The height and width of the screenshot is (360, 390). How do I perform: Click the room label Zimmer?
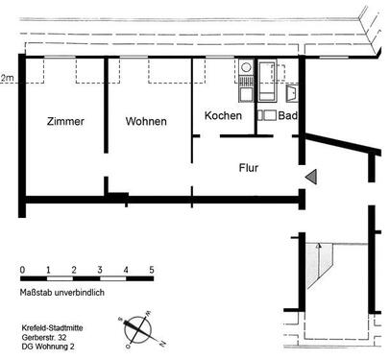(x=64, y=123)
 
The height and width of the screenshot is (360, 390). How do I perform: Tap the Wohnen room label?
(x=146, y=123)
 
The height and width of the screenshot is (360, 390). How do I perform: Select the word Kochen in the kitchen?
(x=223, y=116)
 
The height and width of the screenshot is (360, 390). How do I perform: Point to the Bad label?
(x=285, y=116)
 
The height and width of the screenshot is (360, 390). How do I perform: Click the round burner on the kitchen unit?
(x=245, y=68)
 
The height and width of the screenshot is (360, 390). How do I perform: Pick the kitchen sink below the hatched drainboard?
(x=245, y=95)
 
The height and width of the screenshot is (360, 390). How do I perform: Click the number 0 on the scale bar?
(x=21, y=269)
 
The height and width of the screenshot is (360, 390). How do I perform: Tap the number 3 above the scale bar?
(x=100, y=269)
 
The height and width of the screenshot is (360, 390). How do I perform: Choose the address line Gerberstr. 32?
(x=47, y=338)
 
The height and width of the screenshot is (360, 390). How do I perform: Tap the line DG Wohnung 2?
(x=52, y=348)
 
